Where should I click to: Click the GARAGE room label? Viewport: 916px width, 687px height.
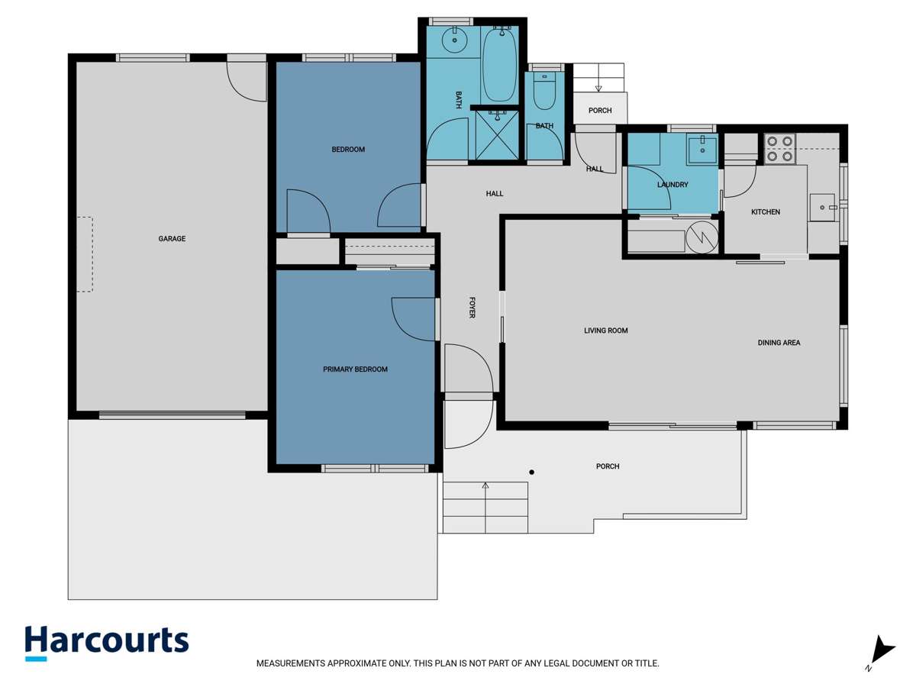pos(172,239)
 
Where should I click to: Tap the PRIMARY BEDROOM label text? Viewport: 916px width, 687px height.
pos(355,369)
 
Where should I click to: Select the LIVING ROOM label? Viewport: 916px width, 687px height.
pos(605,331)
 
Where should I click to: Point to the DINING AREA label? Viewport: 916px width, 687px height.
pos(779,343)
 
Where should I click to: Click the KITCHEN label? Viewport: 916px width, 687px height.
pos(765,212)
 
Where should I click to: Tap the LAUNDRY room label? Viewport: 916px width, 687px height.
pos(672,185)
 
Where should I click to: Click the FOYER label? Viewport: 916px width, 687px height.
pos(472,308)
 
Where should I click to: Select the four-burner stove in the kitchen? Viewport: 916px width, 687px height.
pos(780,149)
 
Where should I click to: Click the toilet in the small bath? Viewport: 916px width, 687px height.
pos(544,93)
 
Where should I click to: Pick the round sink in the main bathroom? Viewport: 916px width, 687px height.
pos(455,40)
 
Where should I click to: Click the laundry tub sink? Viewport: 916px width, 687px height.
pos(701,150)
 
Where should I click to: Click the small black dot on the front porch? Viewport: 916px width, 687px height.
pos(532,473)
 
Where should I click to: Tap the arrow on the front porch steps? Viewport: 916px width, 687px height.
pos(485,486)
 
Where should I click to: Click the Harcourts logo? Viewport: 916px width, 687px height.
pos(106,642)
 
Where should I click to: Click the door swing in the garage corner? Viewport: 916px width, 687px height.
pos(247,82)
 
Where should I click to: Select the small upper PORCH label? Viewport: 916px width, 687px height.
pos(600,111)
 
